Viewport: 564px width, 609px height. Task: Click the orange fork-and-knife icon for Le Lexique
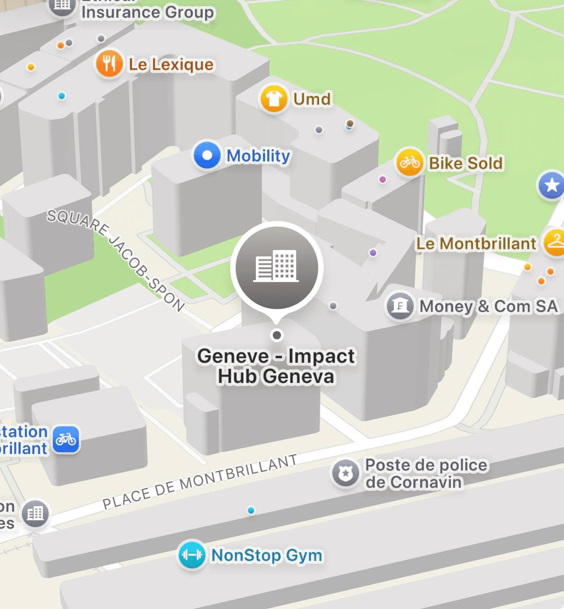109,64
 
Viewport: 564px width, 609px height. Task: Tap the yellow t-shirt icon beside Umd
274,99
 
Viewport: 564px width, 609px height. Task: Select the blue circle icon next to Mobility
207,155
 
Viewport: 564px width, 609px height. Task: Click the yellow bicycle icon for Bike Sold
409,163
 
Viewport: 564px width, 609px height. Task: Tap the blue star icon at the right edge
552,185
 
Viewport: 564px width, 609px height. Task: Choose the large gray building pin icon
277,267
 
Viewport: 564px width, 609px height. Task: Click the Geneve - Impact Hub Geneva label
276,366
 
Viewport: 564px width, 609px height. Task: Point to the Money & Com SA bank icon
399,306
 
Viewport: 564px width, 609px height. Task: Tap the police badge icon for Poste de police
345,473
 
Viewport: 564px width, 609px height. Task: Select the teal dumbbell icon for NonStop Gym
192,555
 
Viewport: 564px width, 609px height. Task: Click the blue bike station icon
66,439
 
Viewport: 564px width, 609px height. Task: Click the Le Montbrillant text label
476,244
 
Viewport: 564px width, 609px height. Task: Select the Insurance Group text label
147,12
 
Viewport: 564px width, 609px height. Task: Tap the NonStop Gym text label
267,555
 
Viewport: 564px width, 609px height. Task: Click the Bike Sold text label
466,163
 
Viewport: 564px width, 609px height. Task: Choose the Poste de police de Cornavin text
426,473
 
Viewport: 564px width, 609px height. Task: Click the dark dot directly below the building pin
277,335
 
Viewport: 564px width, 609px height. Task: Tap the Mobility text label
258,156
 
